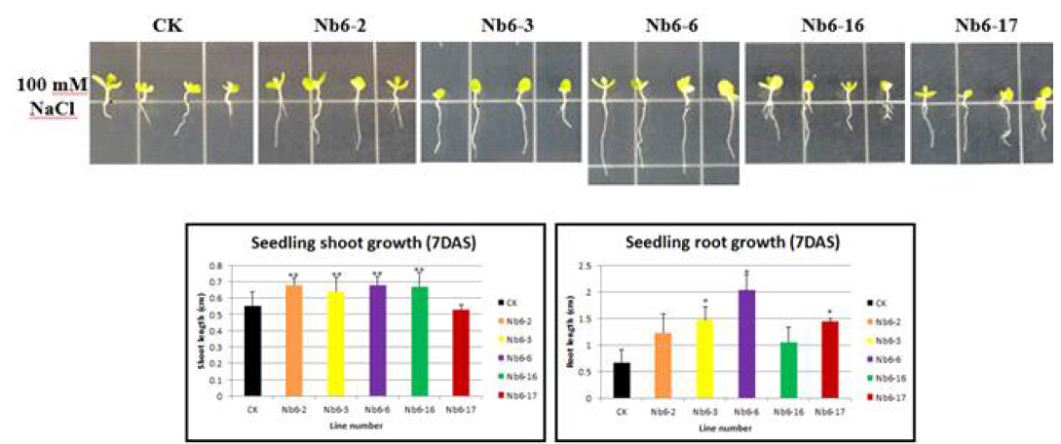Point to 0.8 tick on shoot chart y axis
coord(218,266)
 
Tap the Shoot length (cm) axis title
coord(203,331)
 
